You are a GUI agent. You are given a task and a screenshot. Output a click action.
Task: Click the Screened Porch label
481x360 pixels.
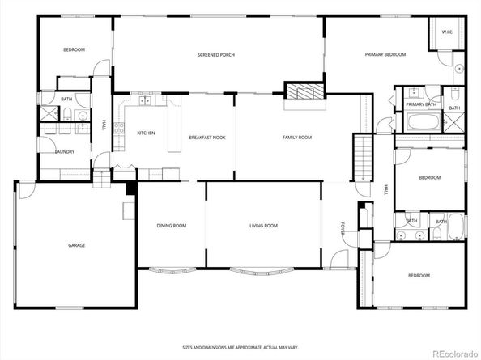tap(216, 55)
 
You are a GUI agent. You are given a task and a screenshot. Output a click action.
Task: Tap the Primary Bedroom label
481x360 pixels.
tap(385, 54)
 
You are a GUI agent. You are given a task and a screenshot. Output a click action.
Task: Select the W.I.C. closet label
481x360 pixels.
tap(448, 32)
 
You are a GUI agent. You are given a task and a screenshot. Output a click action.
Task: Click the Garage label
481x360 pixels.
tap(76, 245)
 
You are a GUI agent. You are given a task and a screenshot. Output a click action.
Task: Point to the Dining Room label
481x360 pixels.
tap(172, 226)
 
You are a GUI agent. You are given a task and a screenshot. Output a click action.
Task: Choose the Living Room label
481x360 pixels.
tap(263, 226)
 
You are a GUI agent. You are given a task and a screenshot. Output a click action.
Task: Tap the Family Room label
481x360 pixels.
tap(297, 138)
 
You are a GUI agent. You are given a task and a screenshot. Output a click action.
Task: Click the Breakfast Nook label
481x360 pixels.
tap(207, 138)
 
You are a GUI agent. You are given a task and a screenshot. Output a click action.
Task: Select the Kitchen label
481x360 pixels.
tap(146, 133)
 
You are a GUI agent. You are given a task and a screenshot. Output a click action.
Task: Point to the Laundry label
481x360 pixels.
tap(65, 151)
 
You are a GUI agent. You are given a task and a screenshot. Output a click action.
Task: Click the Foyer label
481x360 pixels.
tap(343, 229)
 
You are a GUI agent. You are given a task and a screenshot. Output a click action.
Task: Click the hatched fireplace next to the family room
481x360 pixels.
tap(305, 91)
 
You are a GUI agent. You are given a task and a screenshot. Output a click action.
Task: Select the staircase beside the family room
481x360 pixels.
tap(363, 158)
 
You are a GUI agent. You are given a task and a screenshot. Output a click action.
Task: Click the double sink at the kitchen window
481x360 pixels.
tap(144, 100)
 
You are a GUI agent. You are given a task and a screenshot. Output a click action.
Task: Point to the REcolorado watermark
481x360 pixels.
tap(455, 354)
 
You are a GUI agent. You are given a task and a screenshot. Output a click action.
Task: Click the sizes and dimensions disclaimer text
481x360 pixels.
tap(240, 348)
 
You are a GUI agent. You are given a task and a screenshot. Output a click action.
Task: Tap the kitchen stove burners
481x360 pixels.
tap(119, 129)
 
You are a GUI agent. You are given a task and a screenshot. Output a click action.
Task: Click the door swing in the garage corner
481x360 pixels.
tap(27, 191)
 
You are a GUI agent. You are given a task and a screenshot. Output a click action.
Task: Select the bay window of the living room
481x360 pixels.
tap(262, 272)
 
